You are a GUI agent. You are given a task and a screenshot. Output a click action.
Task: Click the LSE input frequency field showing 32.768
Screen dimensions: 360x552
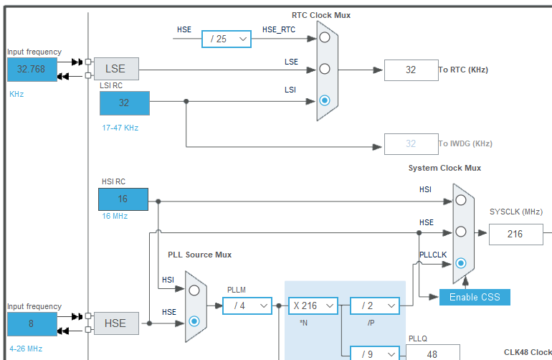click(x=32, y=69)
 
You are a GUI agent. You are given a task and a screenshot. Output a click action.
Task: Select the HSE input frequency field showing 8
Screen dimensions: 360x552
click(x=32, y=323)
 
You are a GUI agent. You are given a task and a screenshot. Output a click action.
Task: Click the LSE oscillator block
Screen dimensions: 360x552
click(x=115, y=69)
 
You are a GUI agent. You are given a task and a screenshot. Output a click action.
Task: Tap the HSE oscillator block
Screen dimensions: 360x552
click(x=115, y=323)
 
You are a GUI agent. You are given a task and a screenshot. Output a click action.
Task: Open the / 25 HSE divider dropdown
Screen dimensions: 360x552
click(x=227, y=39)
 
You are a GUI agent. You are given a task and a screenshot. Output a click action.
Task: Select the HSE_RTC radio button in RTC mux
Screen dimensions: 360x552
click(x=325, y=37)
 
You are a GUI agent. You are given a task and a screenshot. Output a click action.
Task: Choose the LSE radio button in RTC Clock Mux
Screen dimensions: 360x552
click(x=325, y=69)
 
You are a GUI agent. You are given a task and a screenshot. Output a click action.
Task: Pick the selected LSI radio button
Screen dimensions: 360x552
click(x=325, y=100)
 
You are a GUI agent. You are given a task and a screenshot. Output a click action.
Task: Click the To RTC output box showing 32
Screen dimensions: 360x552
click(x=411, y=70)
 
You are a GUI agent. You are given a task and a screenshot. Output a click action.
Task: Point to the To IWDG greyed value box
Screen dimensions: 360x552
click(x=411, y=143)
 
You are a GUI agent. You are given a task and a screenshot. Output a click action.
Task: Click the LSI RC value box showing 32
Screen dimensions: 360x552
click(x=124, y=103)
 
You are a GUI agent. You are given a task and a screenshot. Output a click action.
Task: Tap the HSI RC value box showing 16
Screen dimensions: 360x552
click(x=123, y=199)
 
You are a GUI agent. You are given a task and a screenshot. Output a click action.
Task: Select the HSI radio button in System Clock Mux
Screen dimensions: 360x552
click(x=461, y=200)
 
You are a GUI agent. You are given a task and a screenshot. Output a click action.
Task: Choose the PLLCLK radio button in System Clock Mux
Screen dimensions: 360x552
click(x=461, y=263)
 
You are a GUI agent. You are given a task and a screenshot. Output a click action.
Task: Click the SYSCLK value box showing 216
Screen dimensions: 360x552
click(x=515, y=234)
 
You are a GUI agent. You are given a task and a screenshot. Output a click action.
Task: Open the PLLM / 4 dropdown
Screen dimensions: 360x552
click(x=247, y=305)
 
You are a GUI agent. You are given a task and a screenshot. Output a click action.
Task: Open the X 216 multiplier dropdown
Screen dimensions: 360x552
click(x=313, y=305)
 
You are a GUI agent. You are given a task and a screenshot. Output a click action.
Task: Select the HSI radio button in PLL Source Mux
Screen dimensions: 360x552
click(x=194, y=290)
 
